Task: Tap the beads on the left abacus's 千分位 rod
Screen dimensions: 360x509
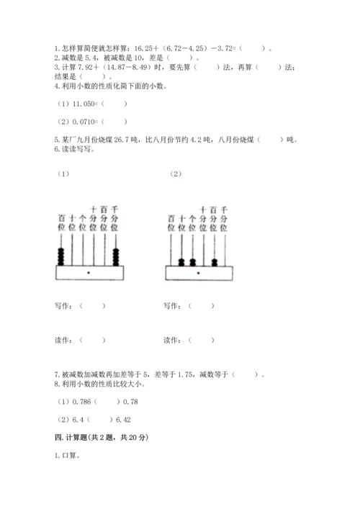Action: click(115, 256)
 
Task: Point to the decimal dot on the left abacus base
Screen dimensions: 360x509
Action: click(88, 274)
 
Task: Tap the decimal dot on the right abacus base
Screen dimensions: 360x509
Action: click(198, 274)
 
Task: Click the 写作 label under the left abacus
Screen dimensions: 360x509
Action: click(63, 305)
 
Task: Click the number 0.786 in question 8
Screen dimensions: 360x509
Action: click(81, 402)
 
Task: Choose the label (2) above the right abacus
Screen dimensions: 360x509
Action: click(176, 174)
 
